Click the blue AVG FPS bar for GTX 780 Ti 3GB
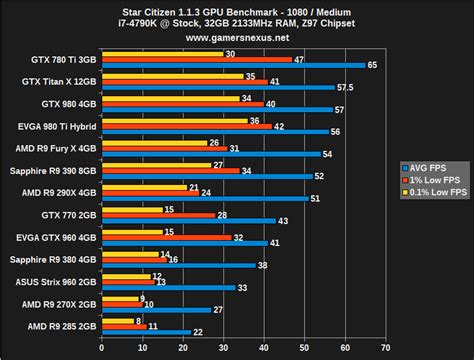tap(230, 65)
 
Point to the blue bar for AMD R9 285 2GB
tap(146, 332)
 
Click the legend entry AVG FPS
tap(431, 166)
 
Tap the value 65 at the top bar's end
tap(372, 65)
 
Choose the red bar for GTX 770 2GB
tap(157, 214)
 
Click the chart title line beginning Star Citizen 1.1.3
tap(241, 9)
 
